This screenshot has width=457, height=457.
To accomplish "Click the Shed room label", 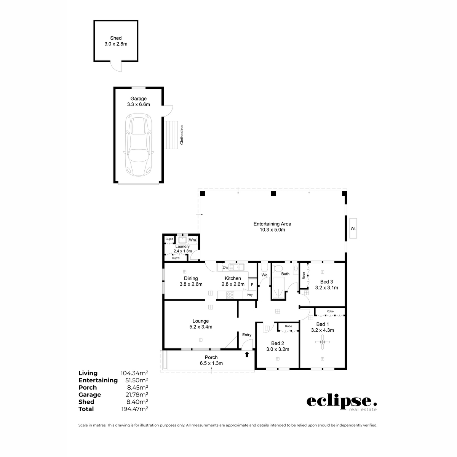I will point(116,38).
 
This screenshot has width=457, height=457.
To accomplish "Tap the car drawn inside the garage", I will point(138,146).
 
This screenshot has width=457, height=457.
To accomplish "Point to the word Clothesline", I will point(182,134).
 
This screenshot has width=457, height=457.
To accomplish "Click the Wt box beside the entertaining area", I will point(353,228).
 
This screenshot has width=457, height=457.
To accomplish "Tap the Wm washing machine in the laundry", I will point(193,240).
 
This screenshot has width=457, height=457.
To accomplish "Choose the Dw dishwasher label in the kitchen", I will point(225,267).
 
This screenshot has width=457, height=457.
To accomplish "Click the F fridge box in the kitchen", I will point(252,284).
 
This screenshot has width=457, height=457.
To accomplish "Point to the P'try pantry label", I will point(249,295).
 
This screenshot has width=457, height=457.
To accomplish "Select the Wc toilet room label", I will point(264,275).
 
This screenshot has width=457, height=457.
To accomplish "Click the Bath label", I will point(285,274).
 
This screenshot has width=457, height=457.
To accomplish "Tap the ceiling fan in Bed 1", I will point(323,343).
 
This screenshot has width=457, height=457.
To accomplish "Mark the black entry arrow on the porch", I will point(247,355).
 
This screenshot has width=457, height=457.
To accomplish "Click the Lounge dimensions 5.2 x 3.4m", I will point(200,327).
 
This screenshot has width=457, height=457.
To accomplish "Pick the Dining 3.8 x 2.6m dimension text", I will point(191,284).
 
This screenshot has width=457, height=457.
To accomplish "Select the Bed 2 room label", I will point(278,343).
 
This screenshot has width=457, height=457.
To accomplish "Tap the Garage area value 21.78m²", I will point(134,395).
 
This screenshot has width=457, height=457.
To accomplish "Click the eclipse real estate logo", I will point(342,403).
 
